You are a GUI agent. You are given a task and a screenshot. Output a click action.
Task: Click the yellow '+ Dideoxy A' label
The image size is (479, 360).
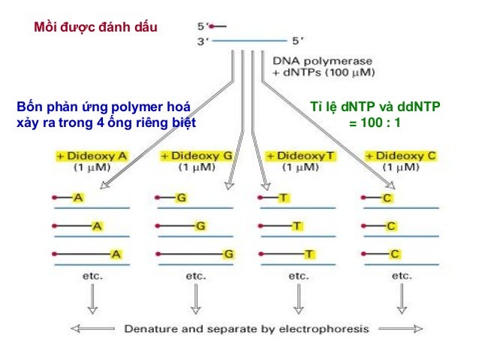click(x=92, y=156)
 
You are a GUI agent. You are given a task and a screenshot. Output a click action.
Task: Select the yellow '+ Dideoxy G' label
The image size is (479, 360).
click(x=197, y=156)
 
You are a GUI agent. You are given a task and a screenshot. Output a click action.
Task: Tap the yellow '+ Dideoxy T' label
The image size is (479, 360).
click(x=300, y=156)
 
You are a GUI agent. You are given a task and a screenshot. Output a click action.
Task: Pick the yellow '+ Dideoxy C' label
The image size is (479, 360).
click(x=401, y=156)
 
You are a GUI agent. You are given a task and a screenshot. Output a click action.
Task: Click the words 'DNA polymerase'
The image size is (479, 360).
click(x=322, y=61)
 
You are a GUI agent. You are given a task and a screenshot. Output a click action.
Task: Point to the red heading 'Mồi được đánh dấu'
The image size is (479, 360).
click(x=95, y=27)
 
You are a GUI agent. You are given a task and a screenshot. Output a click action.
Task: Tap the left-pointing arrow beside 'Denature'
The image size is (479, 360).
click(x=93, y=328)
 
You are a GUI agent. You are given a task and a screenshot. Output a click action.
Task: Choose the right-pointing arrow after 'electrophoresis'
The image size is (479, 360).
click(x=401, y=328)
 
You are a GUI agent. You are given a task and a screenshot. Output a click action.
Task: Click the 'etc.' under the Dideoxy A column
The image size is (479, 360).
click(x=92, y=276)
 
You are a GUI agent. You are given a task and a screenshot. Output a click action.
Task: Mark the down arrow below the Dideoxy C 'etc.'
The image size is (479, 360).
click(x=402, y=298)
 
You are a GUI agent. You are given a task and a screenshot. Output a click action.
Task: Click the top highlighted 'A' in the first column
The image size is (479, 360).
click(x=78, y=198)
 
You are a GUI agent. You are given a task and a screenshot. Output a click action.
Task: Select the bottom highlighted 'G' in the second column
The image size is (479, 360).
click(x=228, y=254)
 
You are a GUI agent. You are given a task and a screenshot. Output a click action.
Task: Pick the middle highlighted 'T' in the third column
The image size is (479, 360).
click(x=297, y=226)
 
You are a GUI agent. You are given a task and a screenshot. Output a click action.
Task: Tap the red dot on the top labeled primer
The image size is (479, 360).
click(x=211, y=26)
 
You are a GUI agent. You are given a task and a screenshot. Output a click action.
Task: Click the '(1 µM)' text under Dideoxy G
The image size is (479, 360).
click(x=197, y=167)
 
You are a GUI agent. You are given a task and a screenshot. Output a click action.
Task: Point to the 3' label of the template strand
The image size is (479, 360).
click(x=203, y=41)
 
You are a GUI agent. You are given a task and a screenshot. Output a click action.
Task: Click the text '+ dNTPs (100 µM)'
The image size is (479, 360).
click(x=323, y=72)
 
